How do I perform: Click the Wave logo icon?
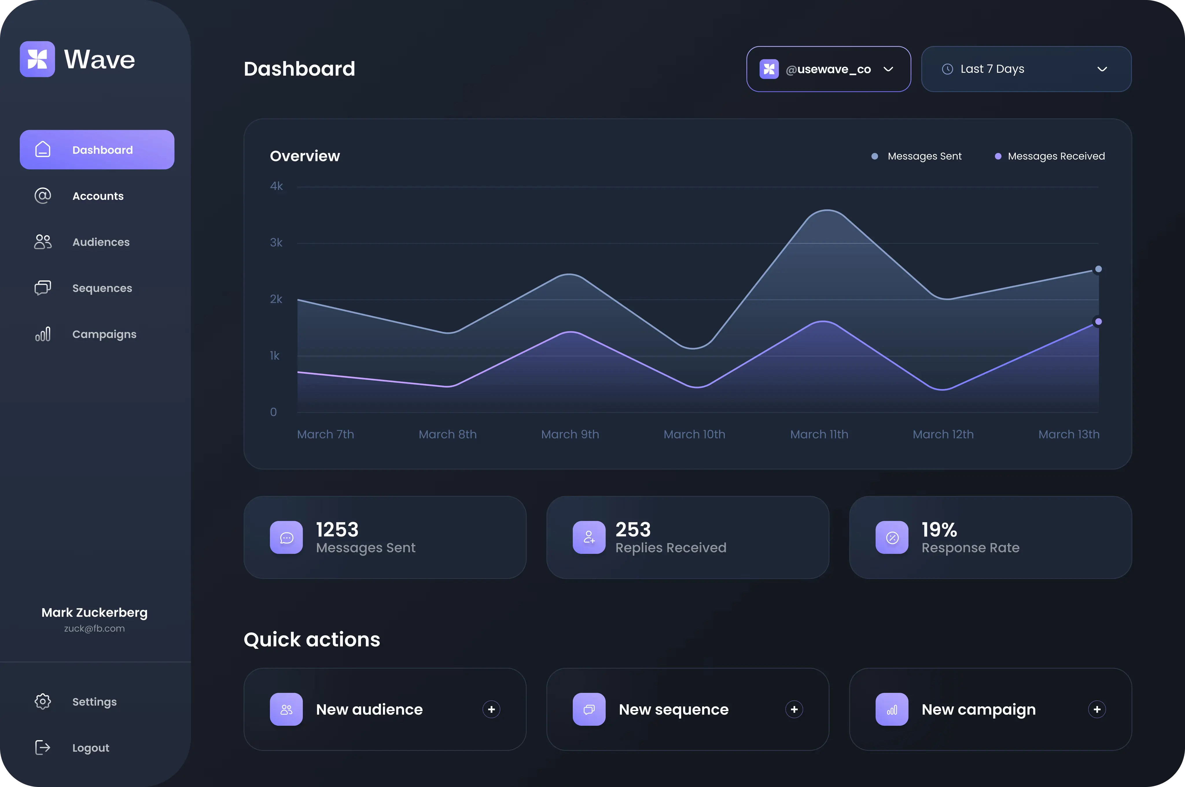[x=37, y=59]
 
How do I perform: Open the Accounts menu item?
[x=97, y=196]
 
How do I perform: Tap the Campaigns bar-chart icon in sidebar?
[x=43, y=334]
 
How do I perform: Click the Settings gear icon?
[x=43, y=701]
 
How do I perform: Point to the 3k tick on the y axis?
[x=276, y=243]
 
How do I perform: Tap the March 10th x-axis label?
[x=694, y=434]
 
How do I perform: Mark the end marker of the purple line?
[x=1098, y=322]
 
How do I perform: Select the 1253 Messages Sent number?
[x=337, y=529]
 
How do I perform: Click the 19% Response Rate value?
[x=939, y=529]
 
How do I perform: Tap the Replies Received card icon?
[x=589, y=537]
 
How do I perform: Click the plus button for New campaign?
[x=1097, y=709]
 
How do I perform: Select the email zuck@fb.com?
[x=94, y=628]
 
